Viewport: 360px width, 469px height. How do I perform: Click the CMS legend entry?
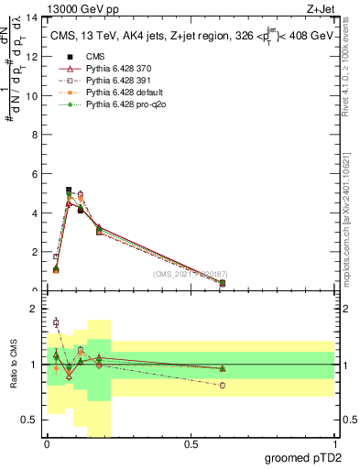[x=96, y=56]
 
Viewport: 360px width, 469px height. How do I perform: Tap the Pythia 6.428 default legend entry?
[x=121, y=94]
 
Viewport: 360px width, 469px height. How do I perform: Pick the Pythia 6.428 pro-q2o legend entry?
[x=122, y=107]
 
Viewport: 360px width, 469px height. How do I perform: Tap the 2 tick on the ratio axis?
[x=36, y=309]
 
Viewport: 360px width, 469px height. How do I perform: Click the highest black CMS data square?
[x=69, y=191]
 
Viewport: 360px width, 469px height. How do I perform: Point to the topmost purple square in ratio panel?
[x=56, y=322]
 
